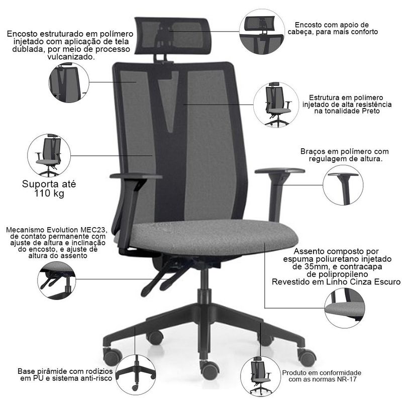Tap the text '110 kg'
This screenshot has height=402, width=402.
tap(49, 193)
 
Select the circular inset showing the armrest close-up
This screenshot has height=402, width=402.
tap(343, 185)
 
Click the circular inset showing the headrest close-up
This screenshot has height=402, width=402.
tap(262, 32)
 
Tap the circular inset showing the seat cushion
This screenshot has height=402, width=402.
tap(345, 308)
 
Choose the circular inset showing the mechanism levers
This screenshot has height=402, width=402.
tap(57, 280)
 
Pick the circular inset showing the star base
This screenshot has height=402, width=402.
tap(136, 374)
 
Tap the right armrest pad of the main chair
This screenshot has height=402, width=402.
tap(280, 171)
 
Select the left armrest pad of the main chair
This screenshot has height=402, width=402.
tap(136, 176)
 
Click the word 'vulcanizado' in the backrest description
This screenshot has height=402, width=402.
tap(71, 57)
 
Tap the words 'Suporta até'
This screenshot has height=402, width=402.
tap(49, 184)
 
